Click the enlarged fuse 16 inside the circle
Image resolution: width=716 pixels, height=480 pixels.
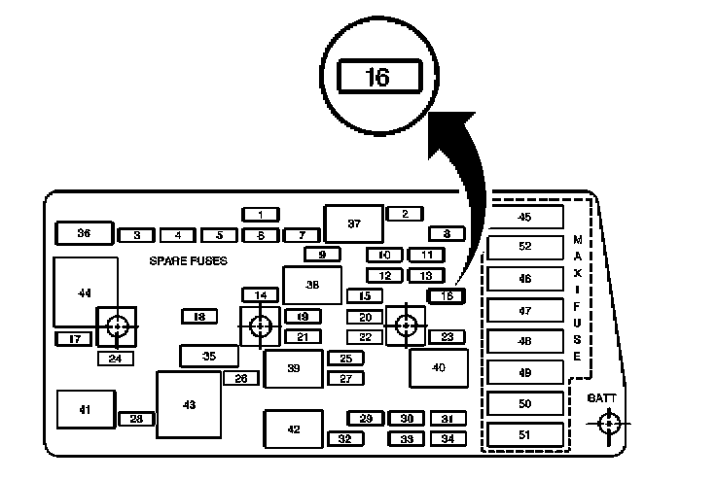tap(377, 77)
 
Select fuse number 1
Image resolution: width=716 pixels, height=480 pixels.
tap(261, 214)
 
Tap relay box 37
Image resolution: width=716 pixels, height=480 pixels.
tap(354, 223)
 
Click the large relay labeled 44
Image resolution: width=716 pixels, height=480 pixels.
tap(86, 291)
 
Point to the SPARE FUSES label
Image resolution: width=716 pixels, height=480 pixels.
tap(188, 260)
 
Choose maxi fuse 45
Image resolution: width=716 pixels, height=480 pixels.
tap(525, 217)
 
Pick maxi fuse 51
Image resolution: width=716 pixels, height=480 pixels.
tap(525, 434)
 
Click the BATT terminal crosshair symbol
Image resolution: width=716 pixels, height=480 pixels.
tap(609, 424)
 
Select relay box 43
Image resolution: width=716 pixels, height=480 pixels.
tap(189, 403)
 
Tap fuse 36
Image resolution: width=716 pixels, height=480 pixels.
tap(84, 233)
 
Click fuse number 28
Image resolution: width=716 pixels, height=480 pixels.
tap(137, 419)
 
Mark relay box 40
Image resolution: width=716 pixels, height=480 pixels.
tap(439, 367)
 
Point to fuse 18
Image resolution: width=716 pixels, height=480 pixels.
tap(199, 316)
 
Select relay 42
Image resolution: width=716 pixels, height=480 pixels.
tap(293, 429)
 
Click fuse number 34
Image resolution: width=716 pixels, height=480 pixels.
tap(447, 439)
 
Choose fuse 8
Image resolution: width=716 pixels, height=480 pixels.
tap(447, 234)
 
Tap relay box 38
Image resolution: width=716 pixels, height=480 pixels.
tap(312, 285)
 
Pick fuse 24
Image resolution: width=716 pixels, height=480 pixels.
tap(116, 359)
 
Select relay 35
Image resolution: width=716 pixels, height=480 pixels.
tap(208, 357)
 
